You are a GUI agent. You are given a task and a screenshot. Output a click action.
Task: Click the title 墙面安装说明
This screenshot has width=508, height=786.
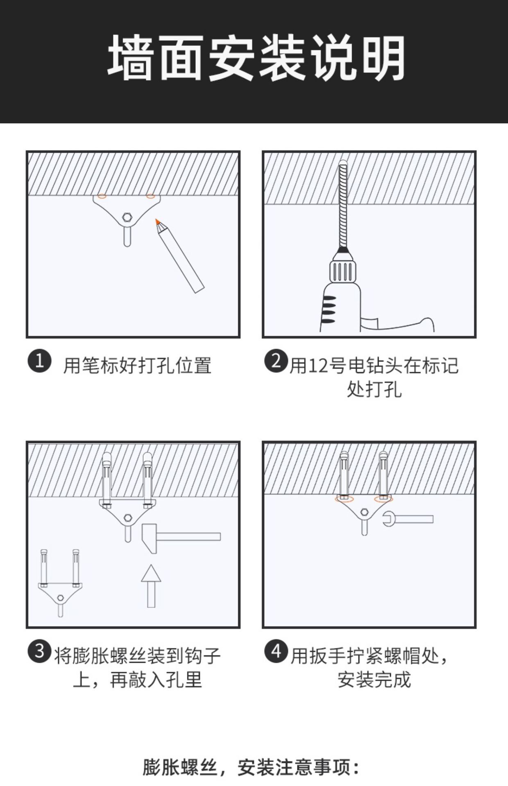[256, 58]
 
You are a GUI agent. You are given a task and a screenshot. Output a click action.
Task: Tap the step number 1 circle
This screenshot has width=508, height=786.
[39, 361]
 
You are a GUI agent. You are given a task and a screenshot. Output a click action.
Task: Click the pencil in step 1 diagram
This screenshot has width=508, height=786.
[180, 256]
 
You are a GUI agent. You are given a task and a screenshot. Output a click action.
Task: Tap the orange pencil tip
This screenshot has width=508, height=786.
[157, 221]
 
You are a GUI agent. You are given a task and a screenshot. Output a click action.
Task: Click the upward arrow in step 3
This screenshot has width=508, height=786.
[151, 585]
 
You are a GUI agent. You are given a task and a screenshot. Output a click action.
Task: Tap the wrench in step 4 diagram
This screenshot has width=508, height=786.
[408, 519]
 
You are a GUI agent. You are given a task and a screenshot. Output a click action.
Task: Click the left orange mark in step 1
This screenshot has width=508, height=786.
[102, 196]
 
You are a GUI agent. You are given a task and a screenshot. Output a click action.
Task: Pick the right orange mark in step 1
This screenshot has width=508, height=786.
[151, 196]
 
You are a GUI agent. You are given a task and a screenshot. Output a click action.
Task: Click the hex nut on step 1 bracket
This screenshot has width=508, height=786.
[127, 216]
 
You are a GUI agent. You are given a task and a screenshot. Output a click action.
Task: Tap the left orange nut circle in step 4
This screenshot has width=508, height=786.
[343, 499]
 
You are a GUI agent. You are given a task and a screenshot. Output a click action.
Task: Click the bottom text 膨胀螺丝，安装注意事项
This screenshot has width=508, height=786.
[251, 768]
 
